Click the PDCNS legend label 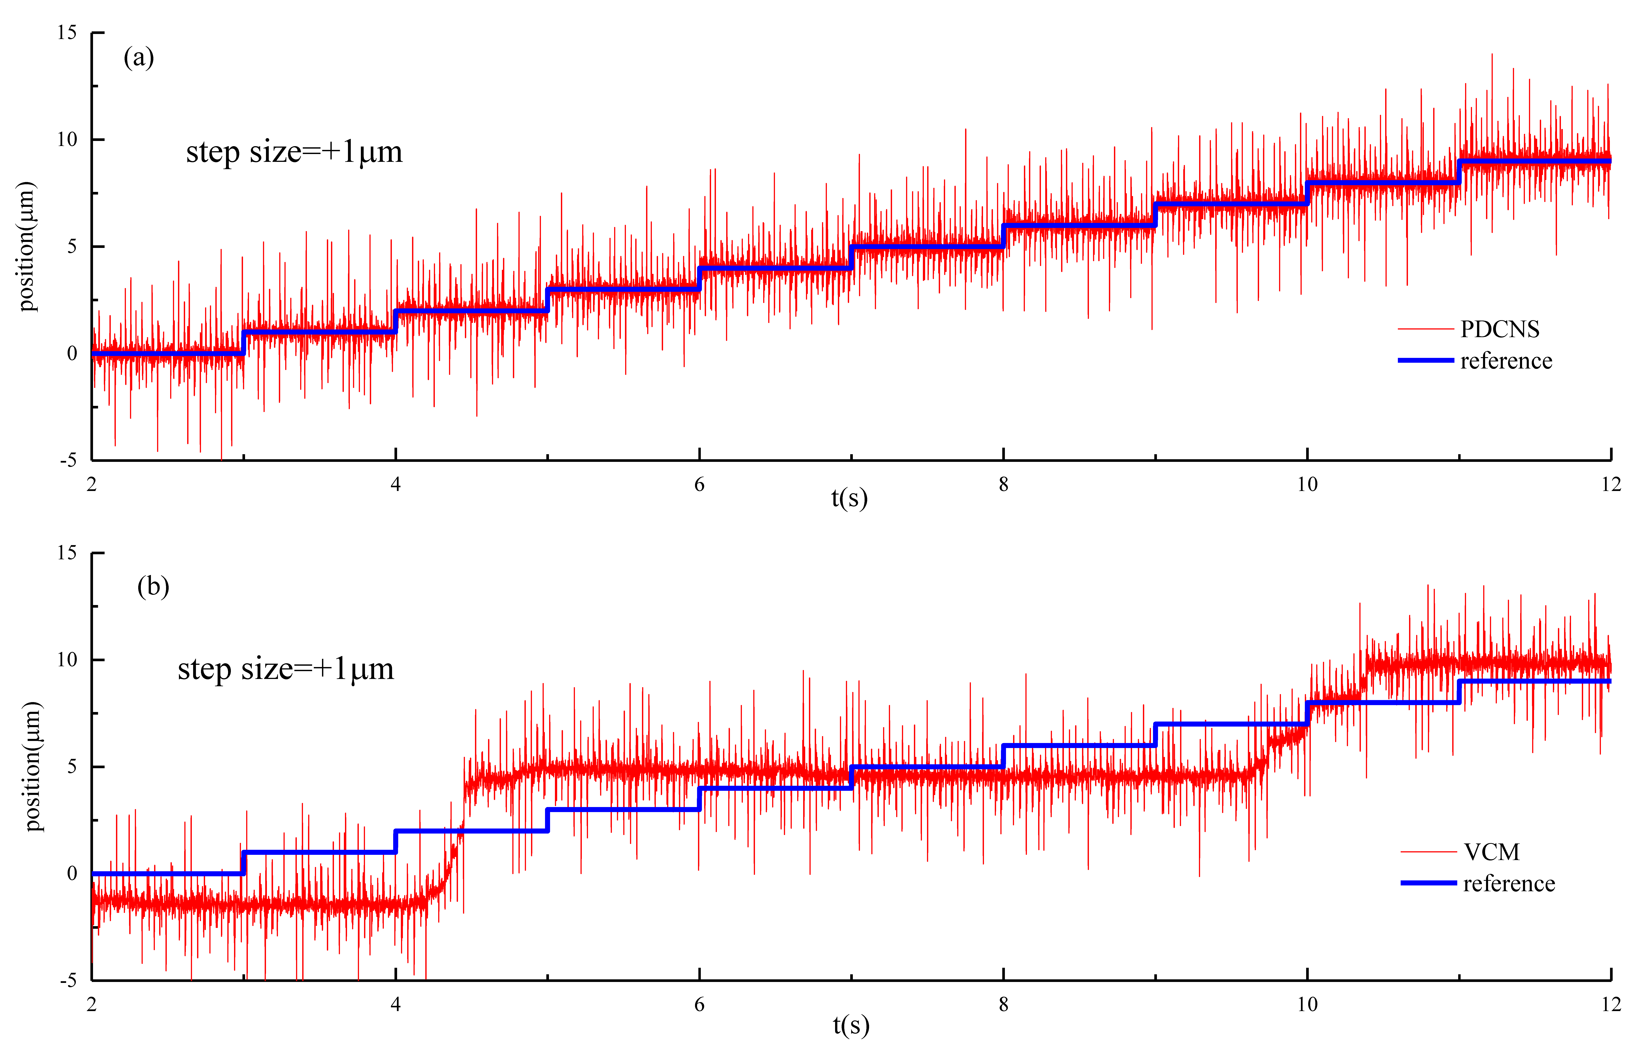[1499, 329]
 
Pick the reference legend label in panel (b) [1509, 883]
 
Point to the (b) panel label [153, 586]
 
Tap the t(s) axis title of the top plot [849, 498]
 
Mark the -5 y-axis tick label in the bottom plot [69, 980]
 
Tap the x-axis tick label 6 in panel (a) [699, 484]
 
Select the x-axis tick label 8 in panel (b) [1004, 1004]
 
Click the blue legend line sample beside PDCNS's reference [1425, 360]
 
